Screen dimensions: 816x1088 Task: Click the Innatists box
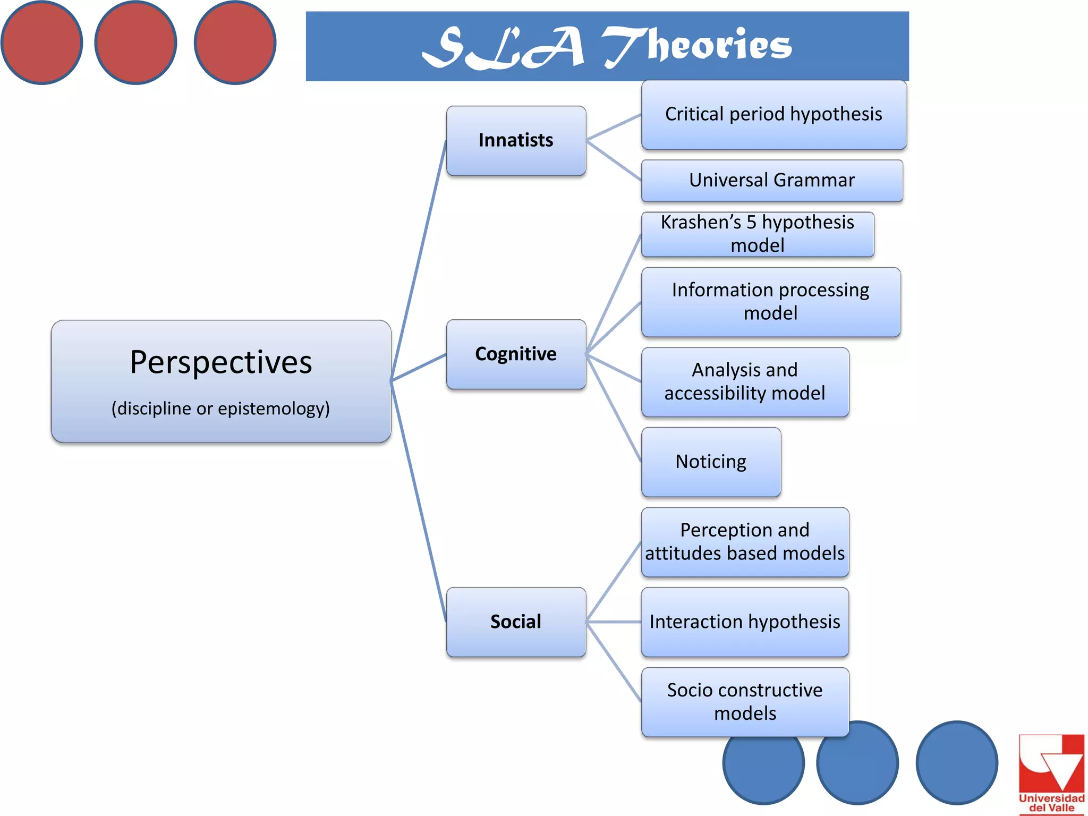coord(516,140)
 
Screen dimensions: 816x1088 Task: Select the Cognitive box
coord(516,354)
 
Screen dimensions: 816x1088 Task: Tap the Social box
coord(516,622)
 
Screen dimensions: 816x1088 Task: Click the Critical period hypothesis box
coord(773,114)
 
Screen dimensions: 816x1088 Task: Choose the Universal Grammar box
coord(772,181)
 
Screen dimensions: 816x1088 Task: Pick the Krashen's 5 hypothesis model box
coord(758,234)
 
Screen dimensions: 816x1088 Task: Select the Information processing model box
coord(771,302)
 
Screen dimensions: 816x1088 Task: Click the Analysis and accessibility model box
coord(745,382)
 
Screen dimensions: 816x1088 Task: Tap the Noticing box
coord(711,462)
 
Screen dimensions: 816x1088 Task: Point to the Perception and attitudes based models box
coord(745,542)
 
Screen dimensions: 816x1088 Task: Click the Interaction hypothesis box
coord(745,622)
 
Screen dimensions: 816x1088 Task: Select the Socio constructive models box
coord(745,702)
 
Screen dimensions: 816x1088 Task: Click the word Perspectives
coord(221,363)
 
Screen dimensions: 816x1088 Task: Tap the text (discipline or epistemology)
coord(220,409)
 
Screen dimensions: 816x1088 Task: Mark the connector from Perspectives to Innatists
coord(419,260)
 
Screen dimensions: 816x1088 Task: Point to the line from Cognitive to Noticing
coord(614,408)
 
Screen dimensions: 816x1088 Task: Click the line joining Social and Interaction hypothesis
coord(614,622)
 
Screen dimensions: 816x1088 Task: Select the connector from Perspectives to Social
coord(419,501)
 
